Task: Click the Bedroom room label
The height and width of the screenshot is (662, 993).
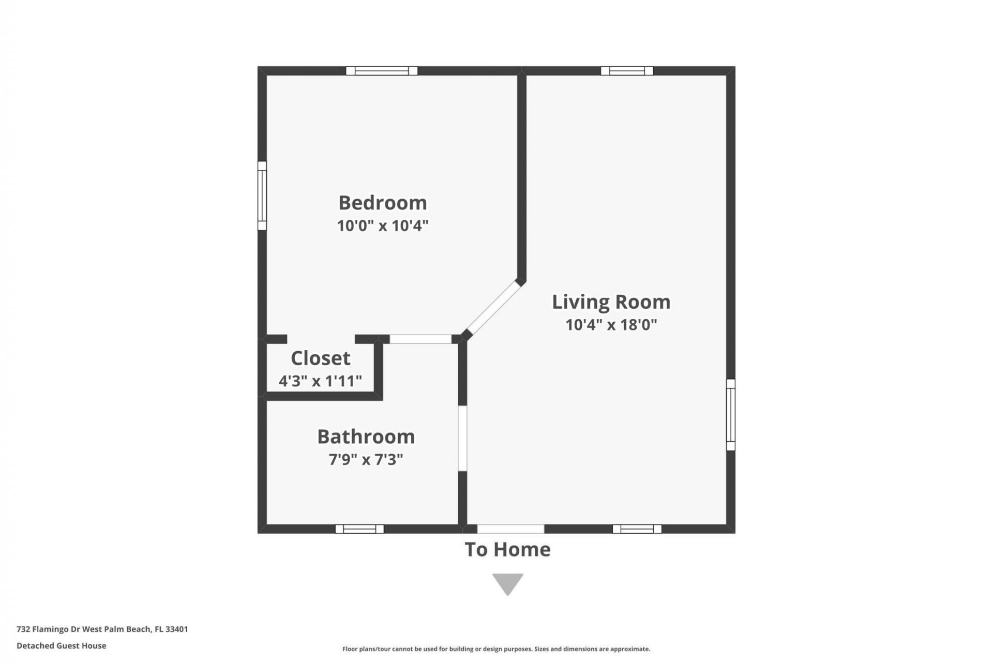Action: point(383,203)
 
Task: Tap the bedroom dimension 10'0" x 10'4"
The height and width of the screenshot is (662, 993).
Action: point(383,226)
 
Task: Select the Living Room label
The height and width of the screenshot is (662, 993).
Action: point(611,302)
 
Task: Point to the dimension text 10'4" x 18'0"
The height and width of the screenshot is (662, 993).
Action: point(611,325)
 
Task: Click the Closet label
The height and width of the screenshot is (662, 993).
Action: point(321,358)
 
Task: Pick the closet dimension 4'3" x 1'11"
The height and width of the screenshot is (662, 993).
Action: point(320,382)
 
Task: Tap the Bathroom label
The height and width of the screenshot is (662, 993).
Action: point(366,437)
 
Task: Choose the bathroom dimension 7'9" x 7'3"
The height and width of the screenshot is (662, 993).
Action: point(366,459)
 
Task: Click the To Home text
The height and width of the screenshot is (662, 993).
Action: point(507,550)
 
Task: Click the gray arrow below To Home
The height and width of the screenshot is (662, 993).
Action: point(507,583)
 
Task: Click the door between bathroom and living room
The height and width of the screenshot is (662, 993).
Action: point(462,438)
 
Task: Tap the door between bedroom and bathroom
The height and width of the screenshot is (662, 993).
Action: point(420,339)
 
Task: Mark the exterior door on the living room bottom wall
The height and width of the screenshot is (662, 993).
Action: point(510,529)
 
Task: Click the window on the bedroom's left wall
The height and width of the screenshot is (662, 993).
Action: point(262,195)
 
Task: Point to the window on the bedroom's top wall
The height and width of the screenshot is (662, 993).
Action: point(382,71)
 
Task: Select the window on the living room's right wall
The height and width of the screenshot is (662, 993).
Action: point(730,415)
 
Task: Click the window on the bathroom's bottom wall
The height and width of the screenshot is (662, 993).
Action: point(359,529)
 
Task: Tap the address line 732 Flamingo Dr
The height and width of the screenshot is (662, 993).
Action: point(102,629)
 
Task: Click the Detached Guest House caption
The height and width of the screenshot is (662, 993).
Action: point(62,645)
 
